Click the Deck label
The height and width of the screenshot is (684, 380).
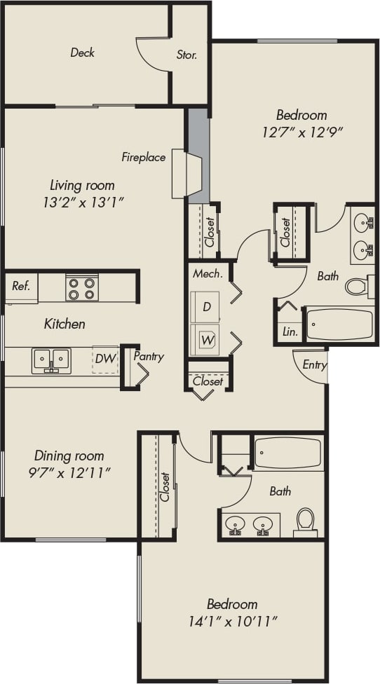click(x=82, y=53)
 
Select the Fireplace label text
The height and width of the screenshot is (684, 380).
click(x=144, y=157)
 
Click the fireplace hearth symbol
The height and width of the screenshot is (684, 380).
click(x=186, y=173)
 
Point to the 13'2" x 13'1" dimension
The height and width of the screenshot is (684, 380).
click(x=82, y=203)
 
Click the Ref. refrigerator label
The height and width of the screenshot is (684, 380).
click(x=20, y=286)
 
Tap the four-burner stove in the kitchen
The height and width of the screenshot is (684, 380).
click(x=82, y=287)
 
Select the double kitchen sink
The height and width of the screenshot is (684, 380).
click(x=51, y=360)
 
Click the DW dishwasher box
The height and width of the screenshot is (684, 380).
click(x=105, y=359)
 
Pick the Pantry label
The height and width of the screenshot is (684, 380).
click(x=149, y=357)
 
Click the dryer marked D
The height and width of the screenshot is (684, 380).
click(x=207, y=307)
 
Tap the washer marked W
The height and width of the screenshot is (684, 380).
click(x=207, y=341)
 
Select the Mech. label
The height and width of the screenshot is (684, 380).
click(x=208, y=274)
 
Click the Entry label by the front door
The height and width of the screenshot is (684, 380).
click(x=314, y=364)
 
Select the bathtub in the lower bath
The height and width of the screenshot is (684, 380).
click(x=288, y=453)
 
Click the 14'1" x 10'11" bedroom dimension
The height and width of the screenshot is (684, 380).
click(x=232, y=621)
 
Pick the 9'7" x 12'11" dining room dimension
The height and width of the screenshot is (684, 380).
click(x=69, y=473)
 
